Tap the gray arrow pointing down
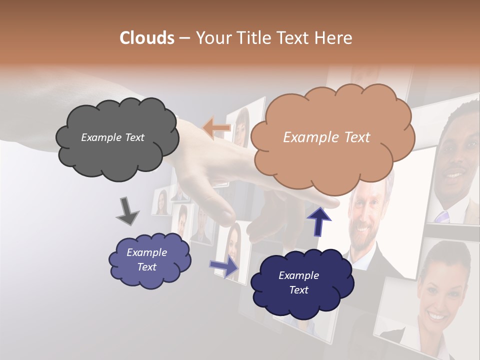coord(127,211)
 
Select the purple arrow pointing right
coord(224,266)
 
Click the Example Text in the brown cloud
coord(326,137)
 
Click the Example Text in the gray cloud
coord(112,137)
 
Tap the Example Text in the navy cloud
coord(298,282)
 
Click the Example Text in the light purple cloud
coord(146,259)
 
